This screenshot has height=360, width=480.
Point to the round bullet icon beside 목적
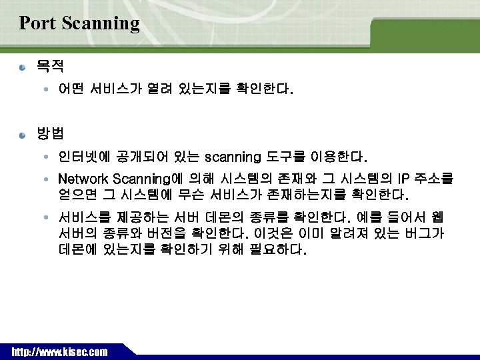click(x=24, y=67)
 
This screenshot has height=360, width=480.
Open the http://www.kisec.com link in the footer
click(x=59, y=351)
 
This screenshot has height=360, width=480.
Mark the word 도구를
click(x=287, y=158)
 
